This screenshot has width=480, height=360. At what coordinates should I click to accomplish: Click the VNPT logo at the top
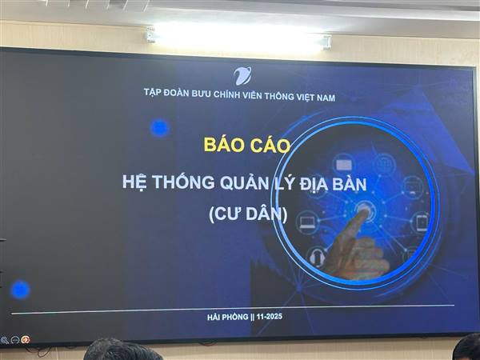[x=242, y=76]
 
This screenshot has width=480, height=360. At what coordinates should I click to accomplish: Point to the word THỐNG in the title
[x=179, y=181]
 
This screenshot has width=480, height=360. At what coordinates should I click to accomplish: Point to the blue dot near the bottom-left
[x=21, y=290]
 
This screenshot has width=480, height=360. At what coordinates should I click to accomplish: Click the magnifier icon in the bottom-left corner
[x=5, y=340]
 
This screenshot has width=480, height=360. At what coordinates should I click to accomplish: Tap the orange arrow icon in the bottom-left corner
[x=26, y=340]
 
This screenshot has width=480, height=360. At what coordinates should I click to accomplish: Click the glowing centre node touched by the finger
[x=365, y=210]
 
